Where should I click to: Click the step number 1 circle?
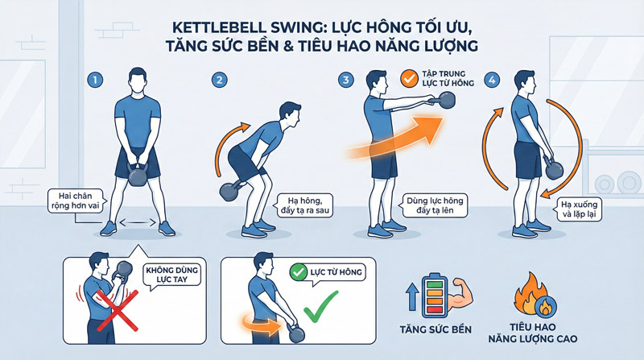[95, 81]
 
